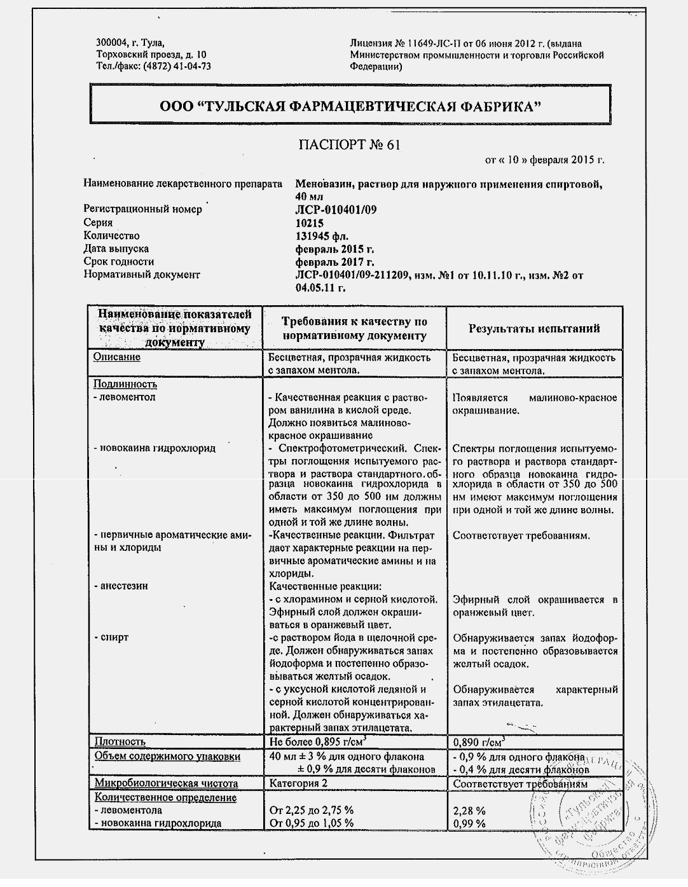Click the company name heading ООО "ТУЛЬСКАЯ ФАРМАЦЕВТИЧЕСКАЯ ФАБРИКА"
click(350, 107)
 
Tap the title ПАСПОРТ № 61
click(349, 145)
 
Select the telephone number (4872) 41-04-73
click(177, 66)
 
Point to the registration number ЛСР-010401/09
click(336, 210)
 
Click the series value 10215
click(310, 223)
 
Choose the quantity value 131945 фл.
click(322, 236)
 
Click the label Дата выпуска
click(116, 249)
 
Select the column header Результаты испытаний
click(534, 329)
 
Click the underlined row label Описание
click(117, 357)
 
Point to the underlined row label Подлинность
click(125, 384)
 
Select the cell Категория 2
click(299, 783)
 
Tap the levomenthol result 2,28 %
click(469, 811)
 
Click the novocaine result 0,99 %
click(469, 823)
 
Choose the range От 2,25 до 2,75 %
click(312, 811)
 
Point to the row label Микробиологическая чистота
click(167, 783)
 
